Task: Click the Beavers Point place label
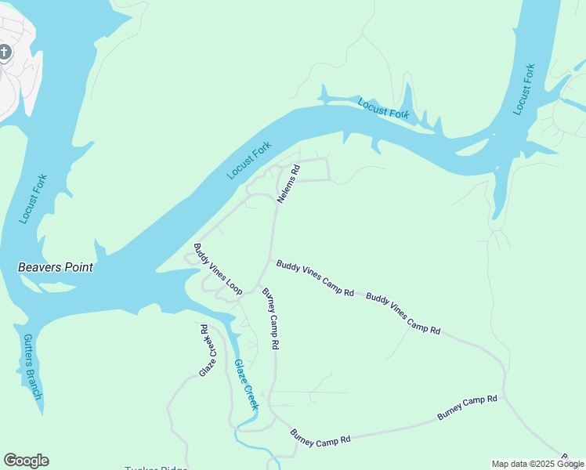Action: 56,267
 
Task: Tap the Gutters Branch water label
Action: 31,367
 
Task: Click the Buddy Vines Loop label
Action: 217,269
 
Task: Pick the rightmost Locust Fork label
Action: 524,89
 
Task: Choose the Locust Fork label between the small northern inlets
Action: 383,109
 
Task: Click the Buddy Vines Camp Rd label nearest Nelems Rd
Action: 315,279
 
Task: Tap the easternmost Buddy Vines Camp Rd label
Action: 403,314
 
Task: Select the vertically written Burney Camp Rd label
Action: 270,318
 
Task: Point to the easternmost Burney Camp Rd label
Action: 467,408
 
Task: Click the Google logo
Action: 26,461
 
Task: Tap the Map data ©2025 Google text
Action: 537,464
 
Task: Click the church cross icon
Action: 5,52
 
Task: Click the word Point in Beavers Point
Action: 78,267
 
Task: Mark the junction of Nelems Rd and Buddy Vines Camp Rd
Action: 272,261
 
